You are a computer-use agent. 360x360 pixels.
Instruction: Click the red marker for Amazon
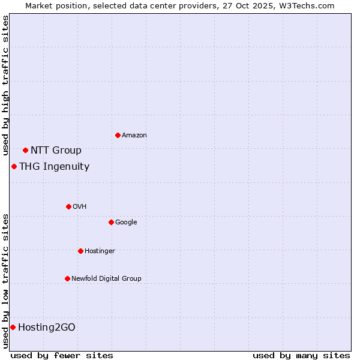click(118, 135)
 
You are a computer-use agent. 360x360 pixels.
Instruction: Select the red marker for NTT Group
click(25, 150)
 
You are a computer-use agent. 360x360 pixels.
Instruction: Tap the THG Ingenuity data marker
click(14, 166)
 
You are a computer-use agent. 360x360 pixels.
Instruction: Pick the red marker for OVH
click(68, 206)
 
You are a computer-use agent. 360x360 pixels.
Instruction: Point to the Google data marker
click(111, 222)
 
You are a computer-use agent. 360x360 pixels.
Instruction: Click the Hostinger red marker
click(80, 251)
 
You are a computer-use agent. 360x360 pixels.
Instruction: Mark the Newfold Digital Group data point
click(67, 278)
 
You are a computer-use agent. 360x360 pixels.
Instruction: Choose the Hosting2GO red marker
click(13, 327)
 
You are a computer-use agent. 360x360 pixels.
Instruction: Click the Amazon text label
click(134, 136)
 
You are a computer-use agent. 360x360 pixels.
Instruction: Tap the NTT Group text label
click(56, 150)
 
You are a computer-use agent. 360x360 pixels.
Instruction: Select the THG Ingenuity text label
click(54, 167)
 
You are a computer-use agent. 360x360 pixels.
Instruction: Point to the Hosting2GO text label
click(47, 327)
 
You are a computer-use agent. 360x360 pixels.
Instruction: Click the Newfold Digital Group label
click(106, 278)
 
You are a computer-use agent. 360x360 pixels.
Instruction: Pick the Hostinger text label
click(100, 251)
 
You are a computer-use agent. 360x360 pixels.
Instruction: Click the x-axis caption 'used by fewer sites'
click(62, 355)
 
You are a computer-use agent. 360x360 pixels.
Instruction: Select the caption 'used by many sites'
click(301, 355)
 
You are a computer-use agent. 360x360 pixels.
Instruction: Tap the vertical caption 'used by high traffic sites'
click(5, 85)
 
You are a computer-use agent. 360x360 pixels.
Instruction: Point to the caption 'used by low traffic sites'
click(5, 281)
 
